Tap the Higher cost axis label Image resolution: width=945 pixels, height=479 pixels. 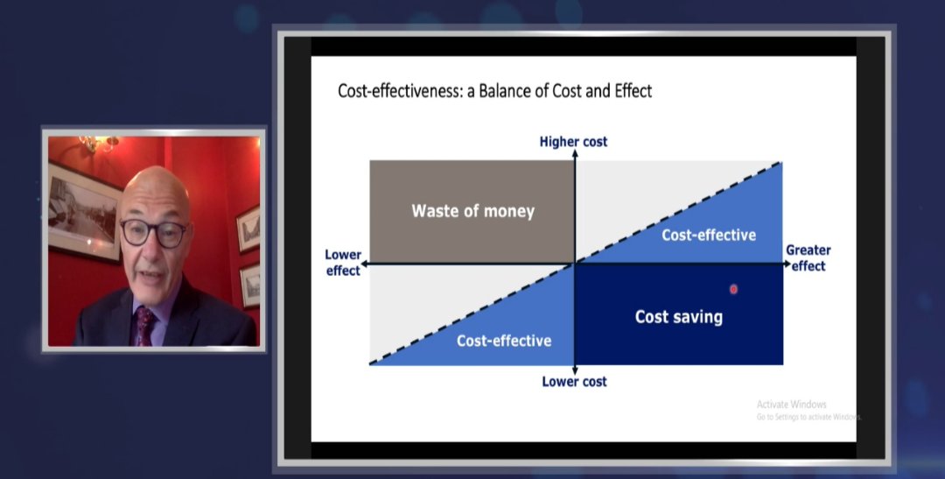[x=573, y=142]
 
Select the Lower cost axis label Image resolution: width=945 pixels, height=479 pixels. [x=574, y=382]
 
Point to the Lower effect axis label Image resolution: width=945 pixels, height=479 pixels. [x=343, y=263]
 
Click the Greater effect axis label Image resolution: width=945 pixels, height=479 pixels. [x=808, y=258]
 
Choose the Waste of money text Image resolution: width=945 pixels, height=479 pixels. [x=472, y=211]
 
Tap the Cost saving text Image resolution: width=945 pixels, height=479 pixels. [x=678, y=317]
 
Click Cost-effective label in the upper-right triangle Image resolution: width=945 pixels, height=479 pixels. [x=708, y=235]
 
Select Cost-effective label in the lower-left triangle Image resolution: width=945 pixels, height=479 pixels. [x=504, y=341]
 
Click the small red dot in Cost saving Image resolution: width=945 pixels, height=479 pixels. [x=733, y=289]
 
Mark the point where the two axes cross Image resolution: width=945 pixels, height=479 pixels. [x=575, y=263]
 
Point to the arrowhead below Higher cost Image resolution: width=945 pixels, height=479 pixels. [x=575, y=154]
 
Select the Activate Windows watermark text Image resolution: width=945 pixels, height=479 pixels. [x=791, y=405]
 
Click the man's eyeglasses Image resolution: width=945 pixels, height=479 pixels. [x=153, y=233]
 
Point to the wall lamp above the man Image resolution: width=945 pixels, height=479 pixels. [x=98, y=143]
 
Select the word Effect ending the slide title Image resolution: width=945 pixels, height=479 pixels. [x=630, y=91]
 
